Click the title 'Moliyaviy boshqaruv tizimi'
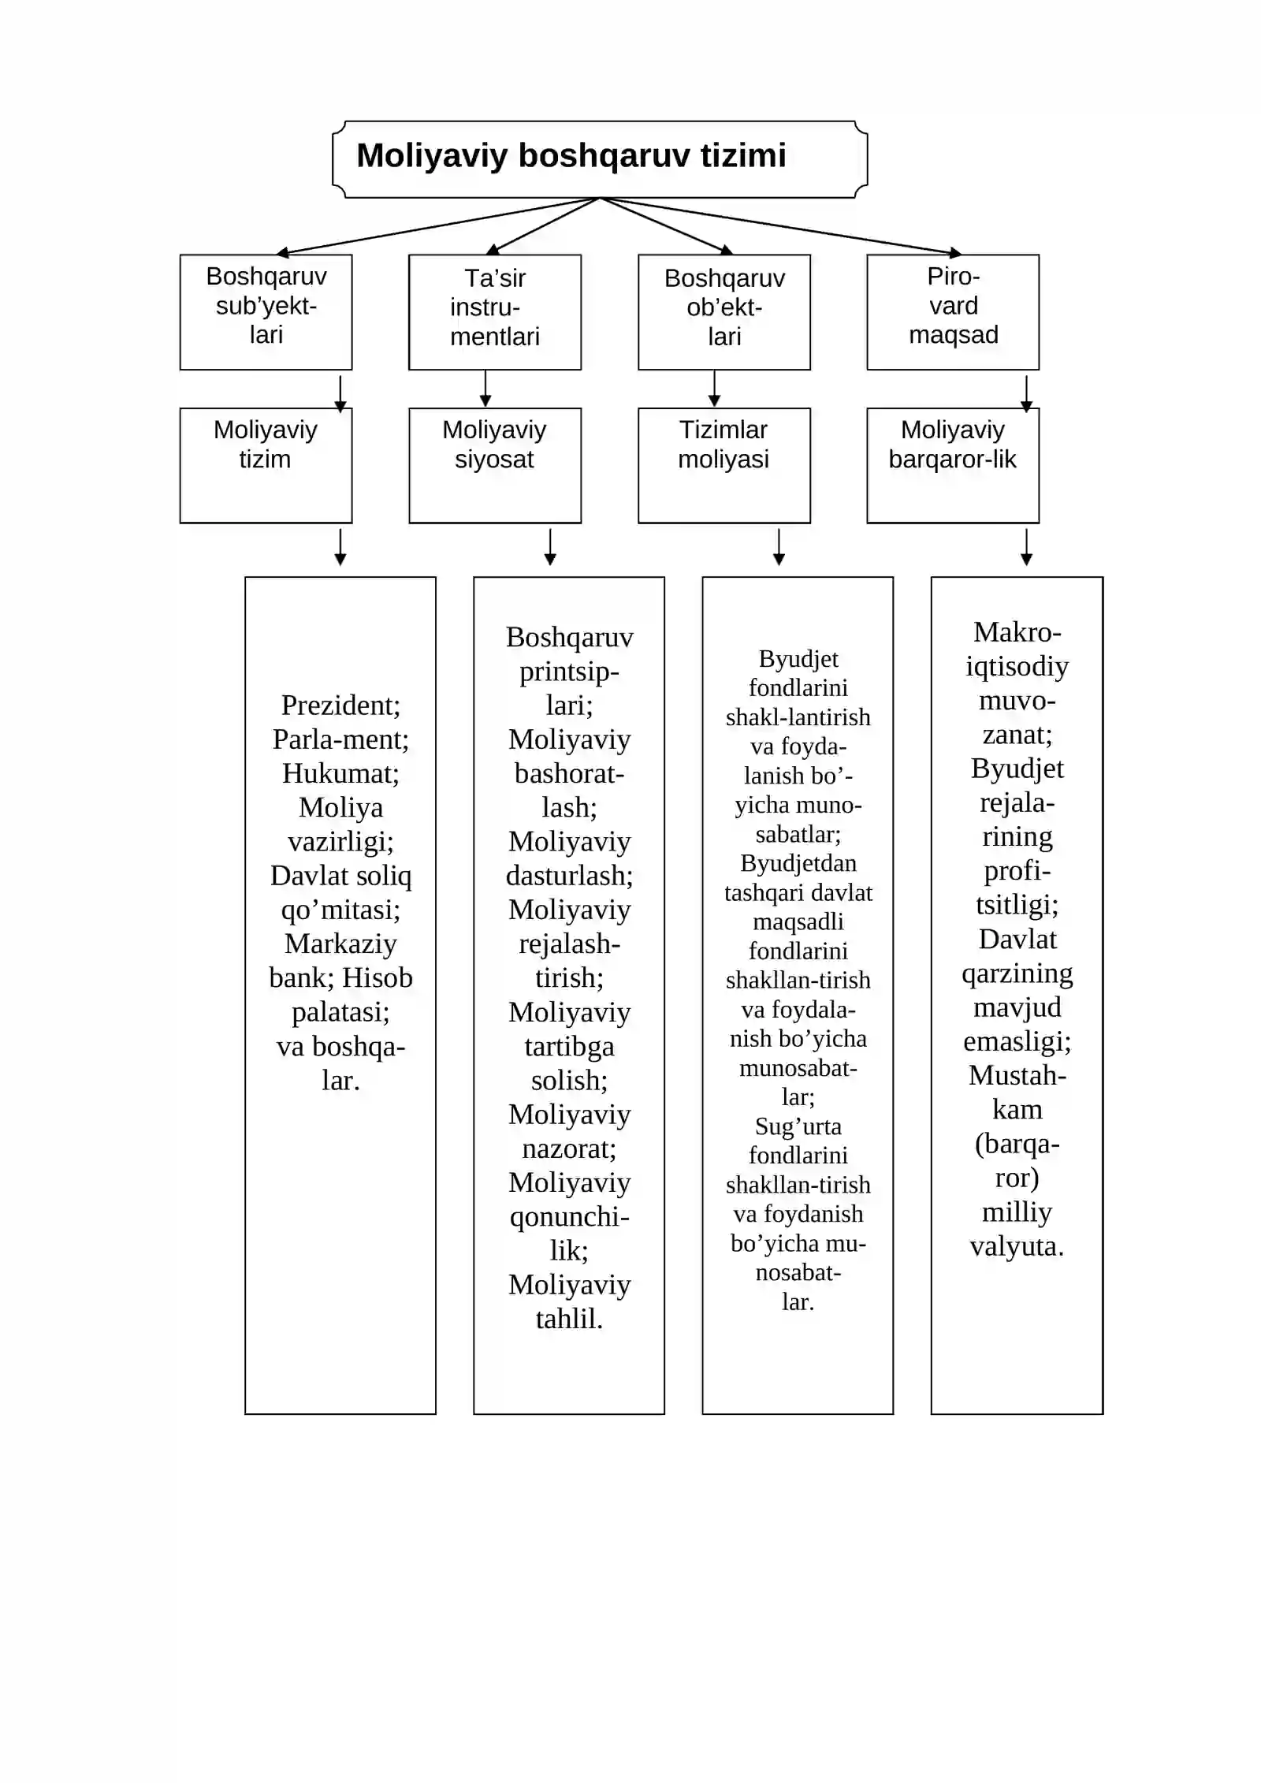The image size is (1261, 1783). [571, 156]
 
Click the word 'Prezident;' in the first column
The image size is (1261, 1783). [340, 705]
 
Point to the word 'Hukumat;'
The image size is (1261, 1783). [340, 773]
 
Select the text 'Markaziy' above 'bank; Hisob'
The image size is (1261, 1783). [340, 944]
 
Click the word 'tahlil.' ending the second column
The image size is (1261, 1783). [569, 1319]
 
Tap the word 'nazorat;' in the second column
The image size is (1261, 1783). [569, 1148]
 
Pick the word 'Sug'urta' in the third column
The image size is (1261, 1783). [798, 1126]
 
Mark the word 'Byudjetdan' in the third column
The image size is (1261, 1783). [798, 863]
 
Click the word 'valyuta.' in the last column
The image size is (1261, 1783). [1017, 1246]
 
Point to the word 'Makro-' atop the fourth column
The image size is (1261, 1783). [1017, 632]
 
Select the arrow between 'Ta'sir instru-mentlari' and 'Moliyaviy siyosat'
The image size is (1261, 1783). [485, 389]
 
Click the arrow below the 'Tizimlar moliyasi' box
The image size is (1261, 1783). [779, 547]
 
